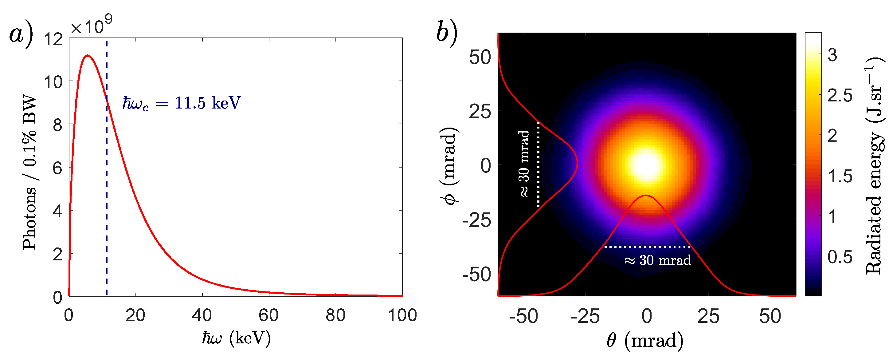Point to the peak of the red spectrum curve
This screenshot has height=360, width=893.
pos(88,56)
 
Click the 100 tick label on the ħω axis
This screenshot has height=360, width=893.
pos(402,315)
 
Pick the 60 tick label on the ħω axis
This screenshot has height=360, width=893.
pos(269,315)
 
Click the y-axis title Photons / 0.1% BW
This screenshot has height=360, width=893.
pos(29,172)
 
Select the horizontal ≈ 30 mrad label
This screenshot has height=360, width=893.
pos(657,260)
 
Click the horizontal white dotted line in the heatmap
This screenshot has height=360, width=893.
pos(647,247)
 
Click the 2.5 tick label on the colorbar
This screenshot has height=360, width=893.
pos(840,95)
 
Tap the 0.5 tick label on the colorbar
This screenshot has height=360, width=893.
pos(840,257)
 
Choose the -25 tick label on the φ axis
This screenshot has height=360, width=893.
pos(477,220)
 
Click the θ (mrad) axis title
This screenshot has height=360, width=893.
pos(645,340)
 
